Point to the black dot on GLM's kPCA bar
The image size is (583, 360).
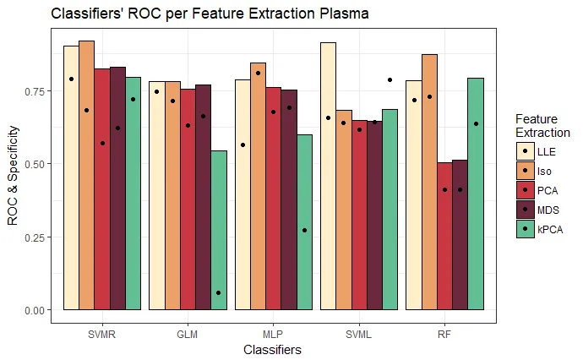[x=219, y=292]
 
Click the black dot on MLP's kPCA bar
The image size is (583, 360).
[x=304, y=230]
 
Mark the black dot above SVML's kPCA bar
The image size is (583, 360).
[x=390, y=79]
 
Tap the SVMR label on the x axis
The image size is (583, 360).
[x=101, y=333]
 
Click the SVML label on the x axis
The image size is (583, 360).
[x=358, y=333]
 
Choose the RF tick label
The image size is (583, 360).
[x=444, y=333]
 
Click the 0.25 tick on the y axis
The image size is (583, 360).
[x=38, y=237]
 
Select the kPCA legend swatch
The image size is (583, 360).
[x=526, y=228]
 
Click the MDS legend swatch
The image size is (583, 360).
[x=526, y=209]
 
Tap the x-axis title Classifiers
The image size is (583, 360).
[x=272, y=349]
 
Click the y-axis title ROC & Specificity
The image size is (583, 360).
[x=13, y=175]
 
